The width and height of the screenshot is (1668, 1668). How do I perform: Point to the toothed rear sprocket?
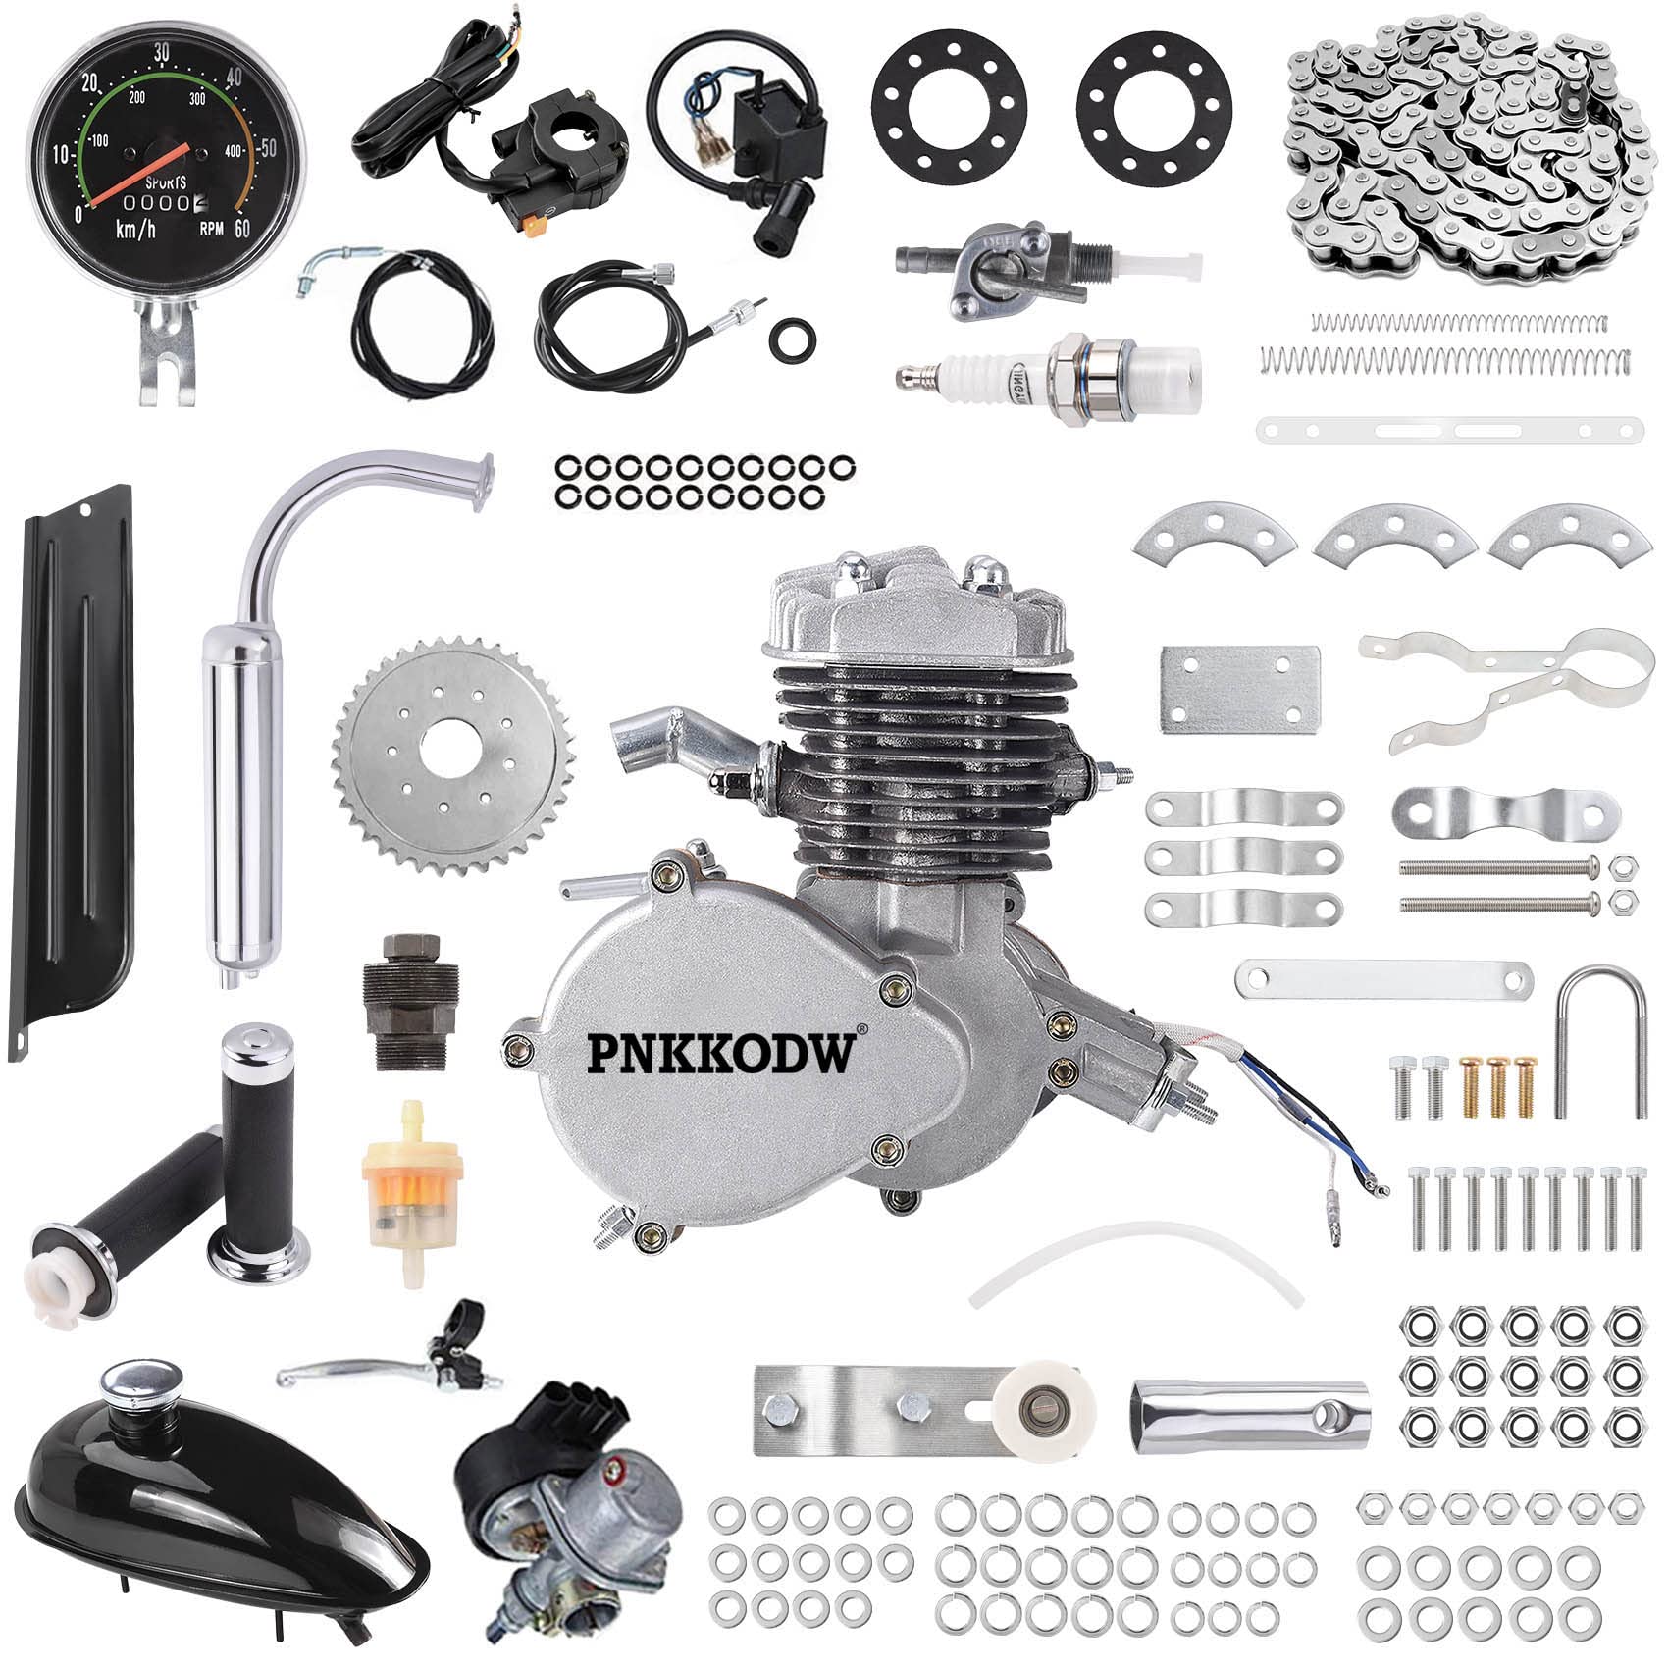coord(453,756)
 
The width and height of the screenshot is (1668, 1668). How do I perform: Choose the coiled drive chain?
coord(1462,147)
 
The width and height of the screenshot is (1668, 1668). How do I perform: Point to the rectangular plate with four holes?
coord(1239,687)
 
